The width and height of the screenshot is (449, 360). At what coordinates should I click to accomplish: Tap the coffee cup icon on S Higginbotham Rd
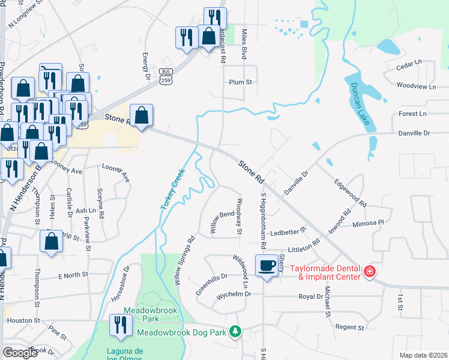(267, 265)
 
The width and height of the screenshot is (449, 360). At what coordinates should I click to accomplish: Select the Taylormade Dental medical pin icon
(370, 273)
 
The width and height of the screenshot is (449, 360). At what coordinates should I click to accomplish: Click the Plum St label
(240, 82)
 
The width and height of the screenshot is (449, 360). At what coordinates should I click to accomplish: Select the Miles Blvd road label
(244, 44)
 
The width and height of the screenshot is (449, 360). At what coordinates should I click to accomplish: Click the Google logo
(20, 353)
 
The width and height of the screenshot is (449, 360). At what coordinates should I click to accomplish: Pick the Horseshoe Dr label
(120, 284)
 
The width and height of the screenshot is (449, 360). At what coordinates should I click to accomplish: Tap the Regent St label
(350, 328)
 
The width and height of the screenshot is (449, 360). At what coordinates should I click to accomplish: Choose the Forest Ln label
(412, 113)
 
